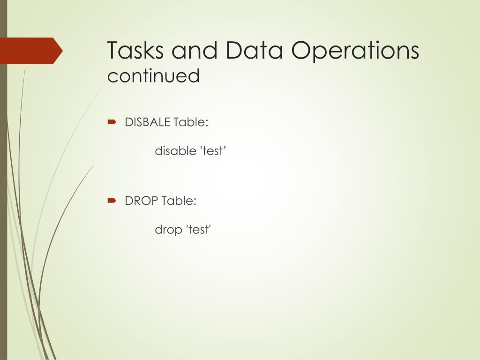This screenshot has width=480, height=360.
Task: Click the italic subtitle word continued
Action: (153, 76)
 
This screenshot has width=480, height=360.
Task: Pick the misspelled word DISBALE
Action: (148, 122)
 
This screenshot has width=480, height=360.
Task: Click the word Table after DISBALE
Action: (190, 122)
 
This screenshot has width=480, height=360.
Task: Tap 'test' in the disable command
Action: (213, 151)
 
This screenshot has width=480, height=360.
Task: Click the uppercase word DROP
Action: (142, 201)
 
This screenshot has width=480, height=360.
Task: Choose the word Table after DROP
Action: (178, 201)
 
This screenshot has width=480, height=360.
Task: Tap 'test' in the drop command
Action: (199, 230)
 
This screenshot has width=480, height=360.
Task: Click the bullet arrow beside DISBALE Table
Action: (112, 122)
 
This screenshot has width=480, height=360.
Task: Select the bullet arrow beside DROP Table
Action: (112, 201)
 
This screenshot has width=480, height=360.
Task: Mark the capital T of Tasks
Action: (112, 50)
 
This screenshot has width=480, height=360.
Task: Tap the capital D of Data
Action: (234, 50)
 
